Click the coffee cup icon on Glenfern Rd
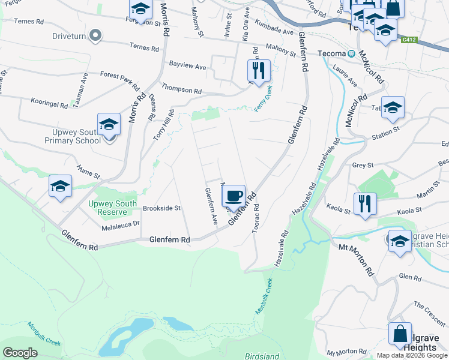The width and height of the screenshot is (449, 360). click(234, 196)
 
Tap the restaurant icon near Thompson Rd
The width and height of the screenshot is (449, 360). click(259, 70)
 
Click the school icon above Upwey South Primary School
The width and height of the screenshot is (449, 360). click(109, 124)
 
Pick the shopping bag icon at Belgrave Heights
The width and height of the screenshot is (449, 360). click(400, 334)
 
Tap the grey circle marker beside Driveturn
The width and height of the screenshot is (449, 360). click(95, 35)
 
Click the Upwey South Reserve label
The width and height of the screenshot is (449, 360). click(108, 208)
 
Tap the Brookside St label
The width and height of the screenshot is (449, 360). click(161, 208)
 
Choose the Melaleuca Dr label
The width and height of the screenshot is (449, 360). click(120, 224)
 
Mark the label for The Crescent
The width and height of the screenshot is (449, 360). click(429, 313)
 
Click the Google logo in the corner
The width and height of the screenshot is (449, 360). click(20, 352)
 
